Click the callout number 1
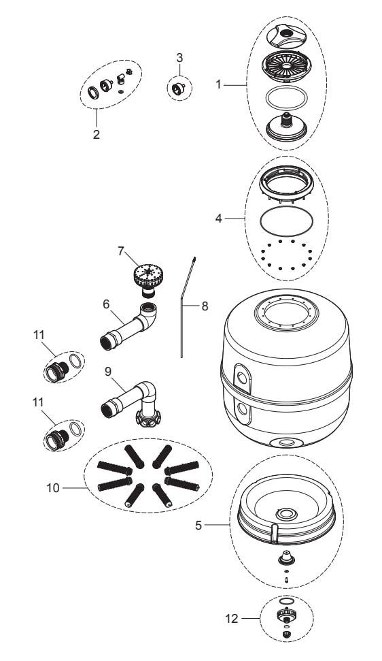click(x=218, y=84)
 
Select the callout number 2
click(x=97, y=135)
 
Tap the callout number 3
click(x=179, y=57)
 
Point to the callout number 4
click(x=218, y=219)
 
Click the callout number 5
click(x=198, y=526)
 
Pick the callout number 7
click(x=121, y=252)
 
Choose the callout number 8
click(x=205, y=306)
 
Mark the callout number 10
click(x=54, y=488)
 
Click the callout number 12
click(x=232, y=619)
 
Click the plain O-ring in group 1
click(x=287, y=98)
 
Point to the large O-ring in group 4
click(x=287, y=219)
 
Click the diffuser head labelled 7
click(x=146, y=277)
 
